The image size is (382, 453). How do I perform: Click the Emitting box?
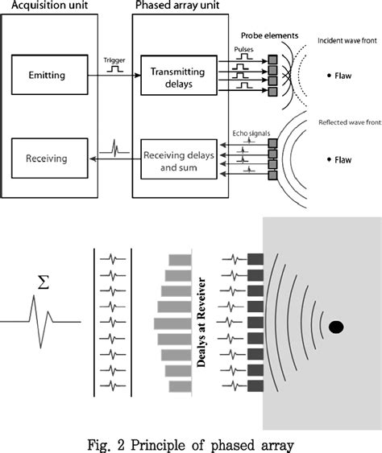click(50, 76)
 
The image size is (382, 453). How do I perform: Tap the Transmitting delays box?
click(179, 76)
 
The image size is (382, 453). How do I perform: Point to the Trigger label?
click(114, 60)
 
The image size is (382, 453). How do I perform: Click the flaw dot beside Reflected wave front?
click(328, 160)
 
